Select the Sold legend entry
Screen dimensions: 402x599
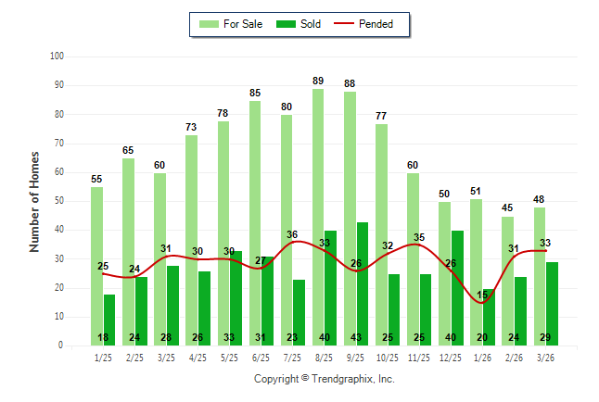click(300, 24)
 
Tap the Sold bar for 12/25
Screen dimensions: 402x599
click(456, 287)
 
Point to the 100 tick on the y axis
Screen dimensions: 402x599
click(57, 57)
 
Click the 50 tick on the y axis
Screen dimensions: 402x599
click(58, 201)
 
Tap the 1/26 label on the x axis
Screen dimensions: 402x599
click(482, 357)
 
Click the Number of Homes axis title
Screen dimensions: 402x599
click(35, 201)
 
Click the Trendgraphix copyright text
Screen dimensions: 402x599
click(324, 379)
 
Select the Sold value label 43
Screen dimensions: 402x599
click(362, 338)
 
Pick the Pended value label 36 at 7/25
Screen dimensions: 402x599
click(292, 234)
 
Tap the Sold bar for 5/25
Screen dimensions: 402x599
click(236, 297)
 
